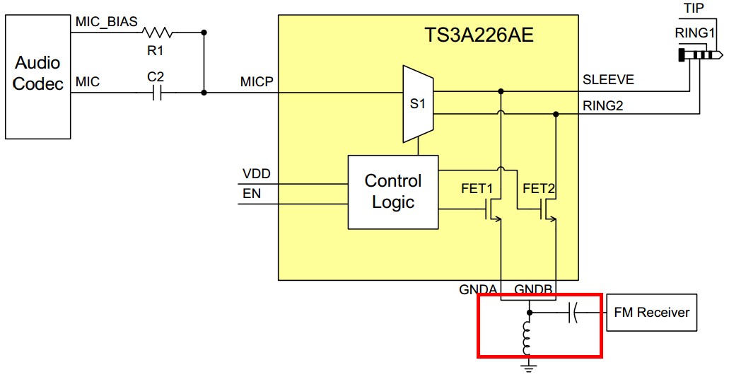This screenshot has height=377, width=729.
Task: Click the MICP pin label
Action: [257, 82]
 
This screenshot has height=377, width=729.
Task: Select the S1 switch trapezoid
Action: [417, 103]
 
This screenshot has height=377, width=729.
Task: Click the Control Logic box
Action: [392, 191]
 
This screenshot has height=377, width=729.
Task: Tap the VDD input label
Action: [256, 174]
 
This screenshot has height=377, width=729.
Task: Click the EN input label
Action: [251, 192]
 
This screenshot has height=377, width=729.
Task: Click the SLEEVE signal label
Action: [607, 80]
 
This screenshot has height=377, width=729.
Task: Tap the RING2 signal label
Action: [603, 106]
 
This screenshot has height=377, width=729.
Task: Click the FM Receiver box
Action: [651, 312]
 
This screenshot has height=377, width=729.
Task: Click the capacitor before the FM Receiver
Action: [573, 312]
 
